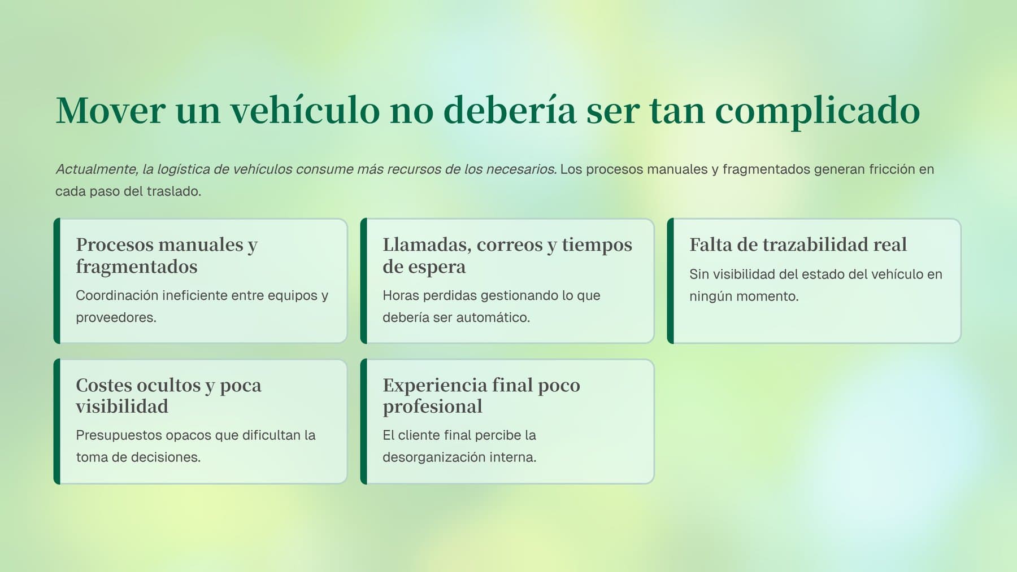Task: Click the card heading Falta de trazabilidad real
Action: point(798,244)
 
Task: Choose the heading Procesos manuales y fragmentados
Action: point(167,255)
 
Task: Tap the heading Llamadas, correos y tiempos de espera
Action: point(507,255)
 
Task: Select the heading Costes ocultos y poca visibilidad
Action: point(168,395)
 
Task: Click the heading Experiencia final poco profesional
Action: point(481,395)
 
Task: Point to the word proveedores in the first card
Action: point(116,317)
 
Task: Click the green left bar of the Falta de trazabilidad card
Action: point(671,281)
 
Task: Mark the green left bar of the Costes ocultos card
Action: point(57,421)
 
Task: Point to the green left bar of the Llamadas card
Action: point(364,281)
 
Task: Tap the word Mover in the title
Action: point(111,110)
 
